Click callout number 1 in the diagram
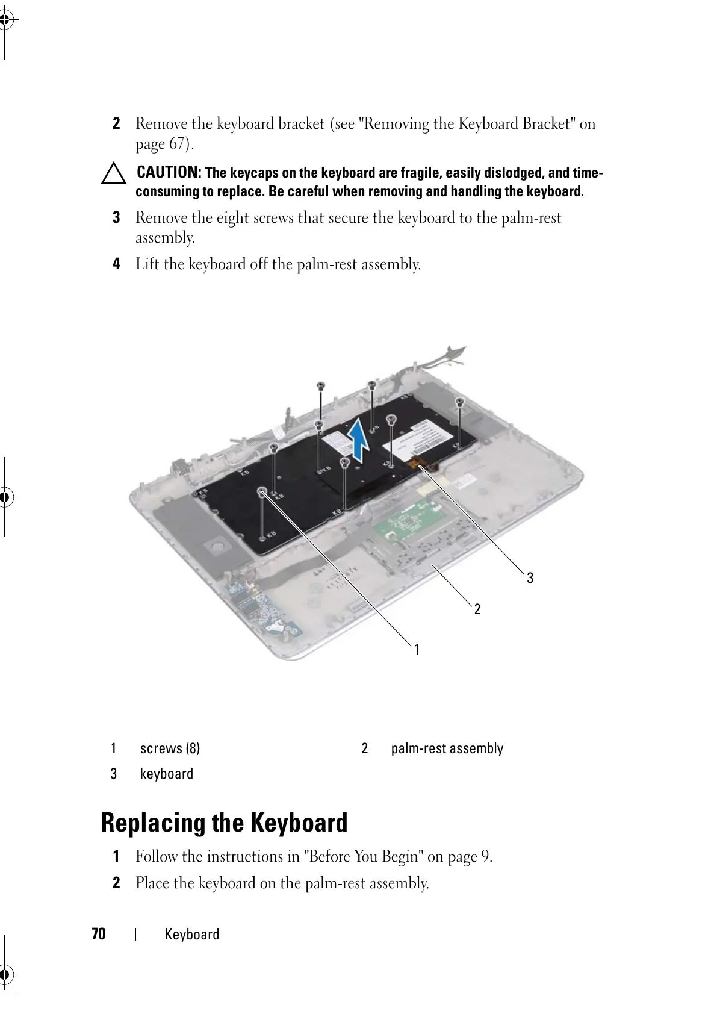coord(417,650)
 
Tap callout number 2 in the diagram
coord(477,609)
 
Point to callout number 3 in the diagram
coord(530,578)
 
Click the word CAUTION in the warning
coord(169,173)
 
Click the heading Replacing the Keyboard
coord(224,823)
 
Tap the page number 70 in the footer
coord(99,934)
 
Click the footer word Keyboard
coord(192,935)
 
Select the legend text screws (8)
coord(170,748)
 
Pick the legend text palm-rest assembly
coord(447,748)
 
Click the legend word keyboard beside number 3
coord(167,774)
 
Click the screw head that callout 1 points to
coord(262,492)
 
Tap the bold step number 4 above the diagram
coord(117,264)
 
